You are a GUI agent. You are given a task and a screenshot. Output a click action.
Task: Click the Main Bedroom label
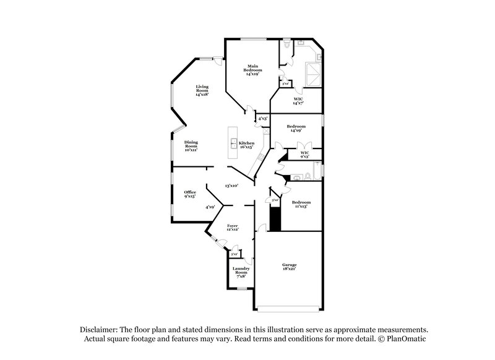[x=252, y=70]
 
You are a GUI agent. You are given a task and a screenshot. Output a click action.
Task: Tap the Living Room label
[x=202, y=90]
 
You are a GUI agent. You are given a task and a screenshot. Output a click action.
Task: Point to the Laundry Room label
[x=241, y=272]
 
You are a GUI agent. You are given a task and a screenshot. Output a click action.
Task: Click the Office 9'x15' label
[x=189, y=194]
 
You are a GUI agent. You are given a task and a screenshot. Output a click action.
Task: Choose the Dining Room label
[x=191, y=146]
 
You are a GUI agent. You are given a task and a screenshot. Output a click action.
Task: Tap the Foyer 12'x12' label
[x=233, y=228]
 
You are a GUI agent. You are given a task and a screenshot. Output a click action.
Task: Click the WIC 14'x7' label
[x=298, y=101]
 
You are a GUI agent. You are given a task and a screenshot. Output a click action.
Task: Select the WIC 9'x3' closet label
[x=304, y=155]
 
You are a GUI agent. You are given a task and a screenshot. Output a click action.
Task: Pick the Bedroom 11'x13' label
[x=301, y=204]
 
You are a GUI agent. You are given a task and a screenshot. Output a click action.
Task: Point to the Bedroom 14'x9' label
[x=296, y=129]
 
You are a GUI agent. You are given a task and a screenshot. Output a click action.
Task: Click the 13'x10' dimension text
[x=231, y=185]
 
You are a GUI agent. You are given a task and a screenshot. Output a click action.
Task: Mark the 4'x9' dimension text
[x=211, y=207]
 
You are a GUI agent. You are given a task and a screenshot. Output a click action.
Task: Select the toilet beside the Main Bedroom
[x=286, y=46]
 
